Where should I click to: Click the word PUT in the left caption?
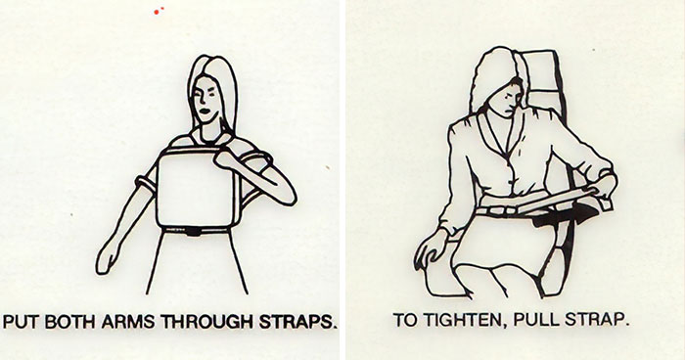(x=22, y=322)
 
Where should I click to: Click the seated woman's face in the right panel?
(x=505, y=94)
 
